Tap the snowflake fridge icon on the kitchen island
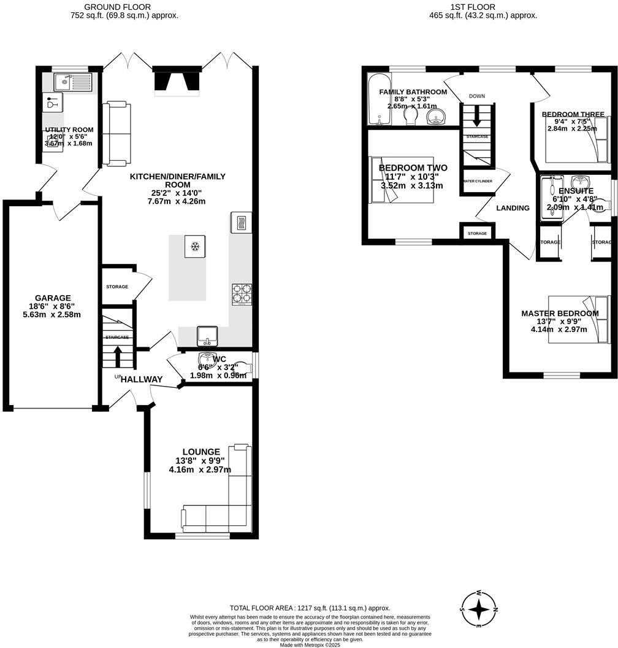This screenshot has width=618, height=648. click(x=196, y=247)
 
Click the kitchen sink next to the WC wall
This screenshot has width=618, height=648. click(x=207, y=336)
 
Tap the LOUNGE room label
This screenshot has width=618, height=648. click(x=200, y=452)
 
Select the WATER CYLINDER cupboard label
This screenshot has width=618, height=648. click(x=478, y=181)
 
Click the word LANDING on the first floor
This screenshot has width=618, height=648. click(x=513, y=208)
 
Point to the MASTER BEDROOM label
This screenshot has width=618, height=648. click(x=560, y=314)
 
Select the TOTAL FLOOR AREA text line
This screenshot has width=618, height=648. click(x=310, y=607)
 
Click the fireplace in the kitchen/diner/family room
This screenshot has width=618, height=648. click(x=176, y=80)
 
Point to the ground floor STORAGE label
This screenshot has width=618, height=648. click(x=116, y=287)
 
